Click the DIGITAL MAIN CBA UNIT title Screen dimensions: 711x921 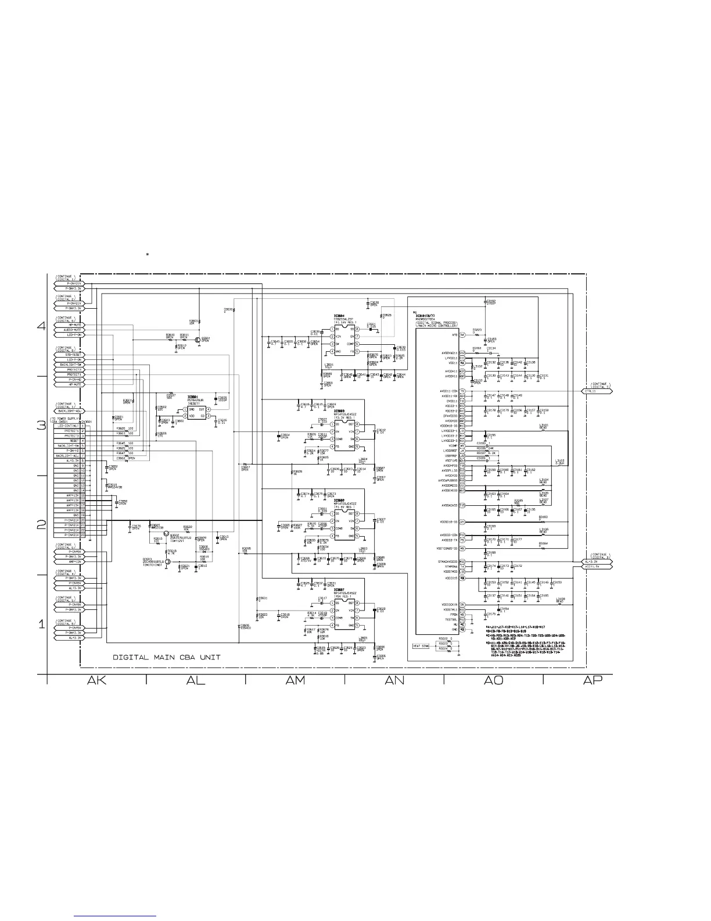[x=166, y=658]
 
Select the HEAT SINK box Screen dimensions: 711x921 [x=421, y=646]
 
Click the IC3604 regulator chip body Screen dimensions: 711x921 [x=346, y=340]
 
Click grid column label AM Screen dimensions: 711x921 [x=295, y=680]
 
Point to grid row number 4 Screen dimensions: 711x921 [x=41, y=326]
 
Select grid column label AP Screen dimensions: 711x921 [x=592, y=680]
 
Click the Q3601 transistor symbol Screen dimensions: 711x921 [x=198, y=340]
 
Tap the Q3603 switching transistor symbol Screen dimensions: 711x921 [x=168, y=562]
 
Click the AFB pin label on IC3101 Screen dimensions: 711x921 [x=455, y=335]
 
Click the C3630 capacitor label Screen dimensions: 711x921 [x=375, y=302]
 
